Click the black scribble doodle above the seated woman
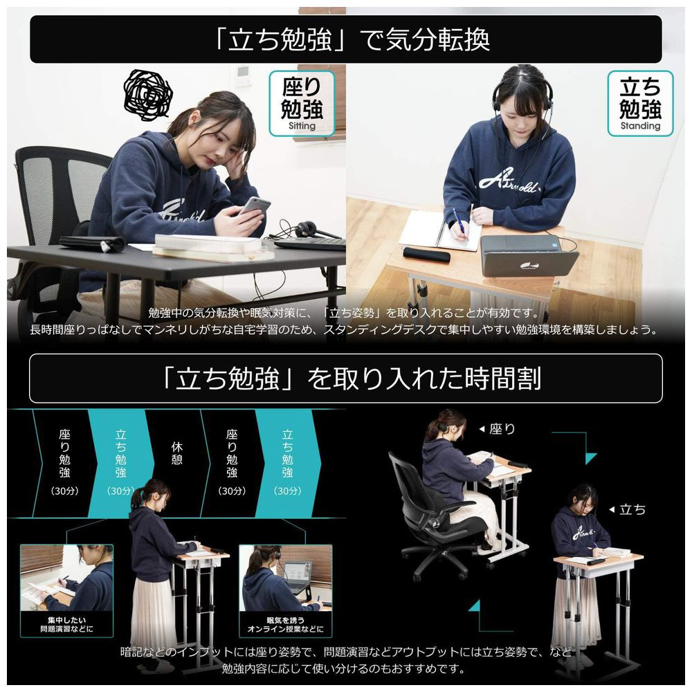coord(147,95)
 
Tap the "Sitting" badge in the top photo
coord(302,103)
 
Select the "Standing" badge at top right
coord(640,103)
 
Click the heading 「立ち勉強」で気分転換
coord(352,39)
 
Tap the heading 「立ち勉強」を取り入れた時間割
coord(352,379)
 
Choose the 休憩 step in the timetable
coord(176,454)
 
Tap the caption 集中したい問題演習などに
coord(66,624)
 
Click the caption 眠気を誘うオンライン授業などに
coord(285,624)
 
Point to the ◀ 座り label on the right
coord(497,429)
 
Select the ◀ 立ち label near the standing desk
coord(627,510)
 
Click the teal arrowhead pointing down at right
coord(591,459)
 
